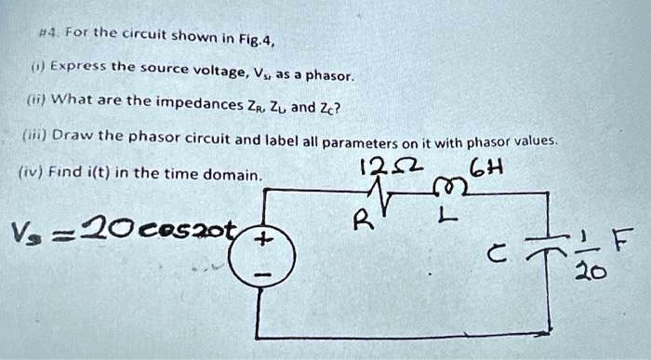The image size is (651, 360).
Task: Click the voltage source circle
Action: pyautogui.click(x=264, y=258)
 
